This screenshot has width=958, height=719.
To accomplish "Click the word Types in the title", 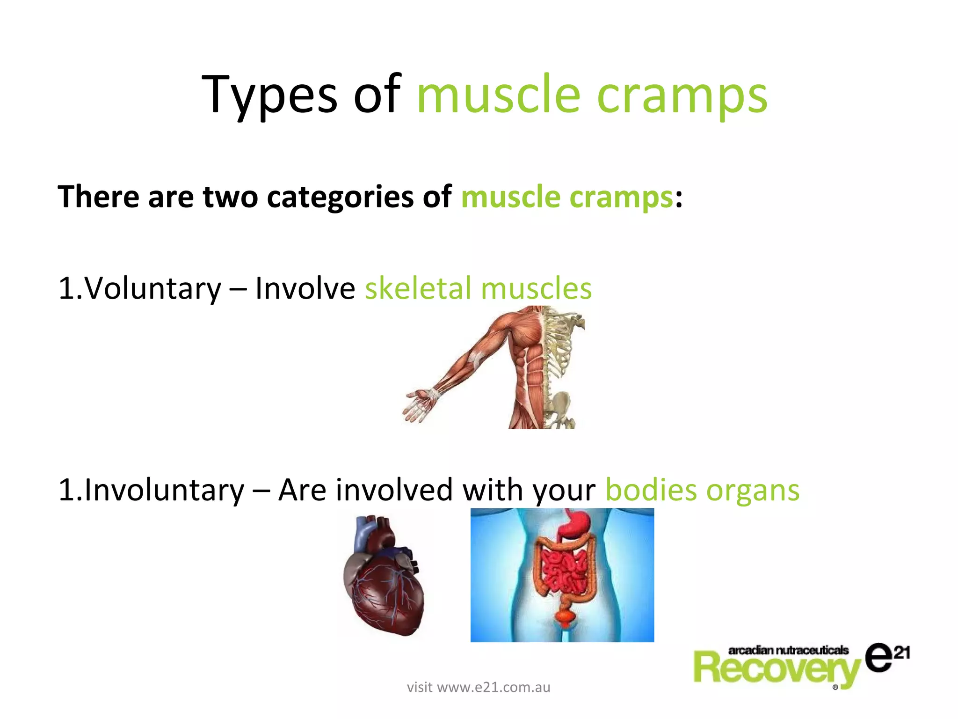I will pyautogui.click(x=269, y=95).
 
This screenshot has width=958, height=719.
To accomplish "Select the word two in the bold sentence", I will pyautogui.click(x=230, y=197).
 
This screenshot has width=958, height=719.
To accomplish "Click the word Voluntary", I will pyautogui.click(x=152, y=288).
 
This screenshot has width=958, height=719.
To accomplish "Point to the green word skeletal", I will pyautogui.click(x=418, y=288).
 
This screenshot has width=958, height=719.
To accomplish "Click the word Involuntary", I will pyautogui.click(x=164, y=490).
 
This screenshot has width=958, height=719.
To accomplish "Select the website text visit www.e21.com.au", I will pyautogui.click(x=478, y=687).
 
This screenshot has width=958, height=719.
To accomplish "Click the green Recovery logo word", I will pyautogui.click(x=777, y=669).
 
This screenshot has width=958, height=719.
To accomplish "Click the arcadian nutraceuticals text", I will pyautogui.click(x=788, y=650).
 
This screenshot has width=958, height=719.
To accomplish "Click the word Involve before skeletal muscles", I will pyautogui.click(x=305, y=288).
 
